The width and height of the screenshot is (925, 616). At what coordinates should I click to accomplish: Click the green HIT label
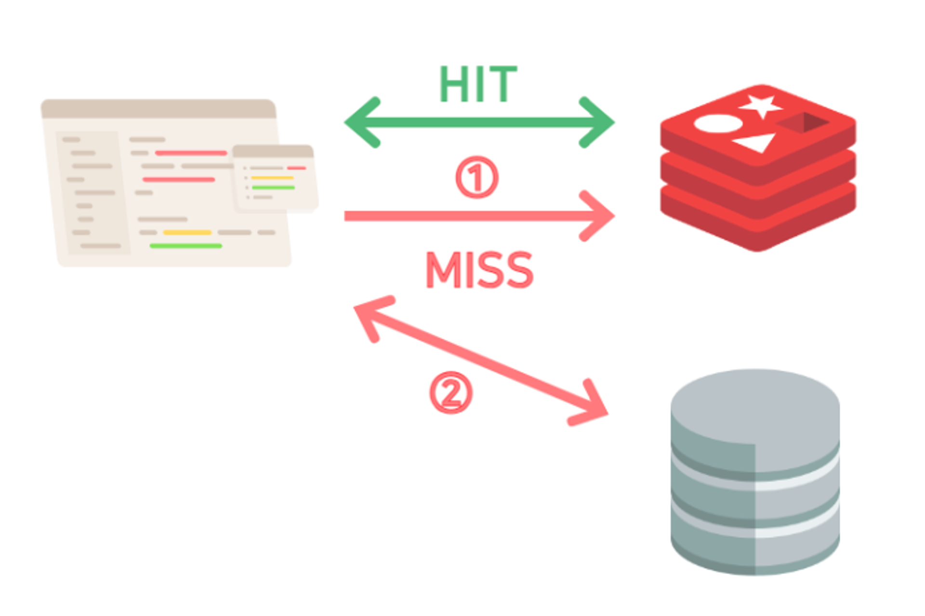pos(478,84)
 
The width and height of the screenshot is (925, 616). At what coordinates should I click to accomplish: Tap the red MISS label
pos(479,270)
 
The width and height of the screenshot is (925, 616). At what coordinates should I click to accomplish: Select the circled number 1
pos(477,177)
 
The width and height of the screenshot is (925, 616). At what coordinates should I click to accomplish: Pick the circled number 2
pos(451,392)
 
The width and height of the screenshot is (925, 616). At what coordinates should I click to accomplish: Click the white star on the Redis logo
pos(761,105)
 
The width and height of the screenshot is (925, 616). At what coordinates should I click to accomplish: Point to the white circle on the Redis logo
pos(718,124)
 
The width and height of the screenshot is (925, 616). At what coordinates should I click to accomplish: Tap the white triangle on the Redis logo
pos(755,142)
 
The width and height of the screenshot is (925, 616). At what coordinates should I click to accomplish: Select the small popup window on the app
pos(275,178)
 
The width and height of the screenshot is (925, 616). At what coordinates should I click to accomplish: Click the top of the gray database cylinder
pos(755,405)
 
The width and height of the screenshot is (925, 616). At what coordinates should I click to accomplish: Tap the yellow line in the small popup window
pos(272,178)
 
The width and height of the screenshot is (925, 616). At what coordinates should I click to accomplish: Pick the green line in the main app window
pos(185,246)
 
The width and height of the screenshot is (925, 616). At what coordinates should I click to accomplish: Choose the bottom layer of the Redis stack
pos(758,227)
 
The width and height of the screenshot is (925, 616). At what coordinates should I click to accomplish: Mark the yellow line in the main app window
pos(187,232)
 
